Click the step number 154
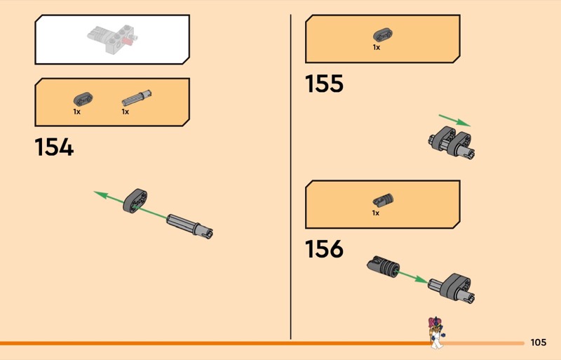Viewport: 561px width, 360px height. pyautogui.click(x=54, y=147)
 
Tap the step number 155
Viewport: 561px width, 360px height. pyautogui.click(x=324, y=84)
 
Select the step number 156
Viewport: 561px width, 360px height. pyautogui.click(x=324, y=248)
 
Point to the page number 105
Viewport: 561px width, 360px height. pyautogui.click(x=539, y=342)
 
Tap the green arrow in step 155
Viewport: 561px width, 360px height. pyautogui.click(x=454, y=120)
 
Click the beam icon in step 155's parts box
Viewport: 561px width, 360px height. pyautogui.click(x=382, y=35)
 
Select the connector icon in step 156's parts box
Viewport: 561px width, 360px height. pyautogui.click(x=382, y=199)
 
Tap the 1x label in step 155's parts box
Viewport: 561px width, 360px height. pyautogui.click(x=377, y=48)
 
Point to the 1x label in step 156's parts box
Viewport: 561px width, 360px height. pyautogui.click(x=376, y=213)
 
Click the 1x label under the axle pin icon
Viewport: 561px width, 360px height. pyautogui.click(x=126, y=112)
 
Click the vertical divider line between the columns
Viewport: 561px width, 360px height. pyautogui.click(x=290, y=175)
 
